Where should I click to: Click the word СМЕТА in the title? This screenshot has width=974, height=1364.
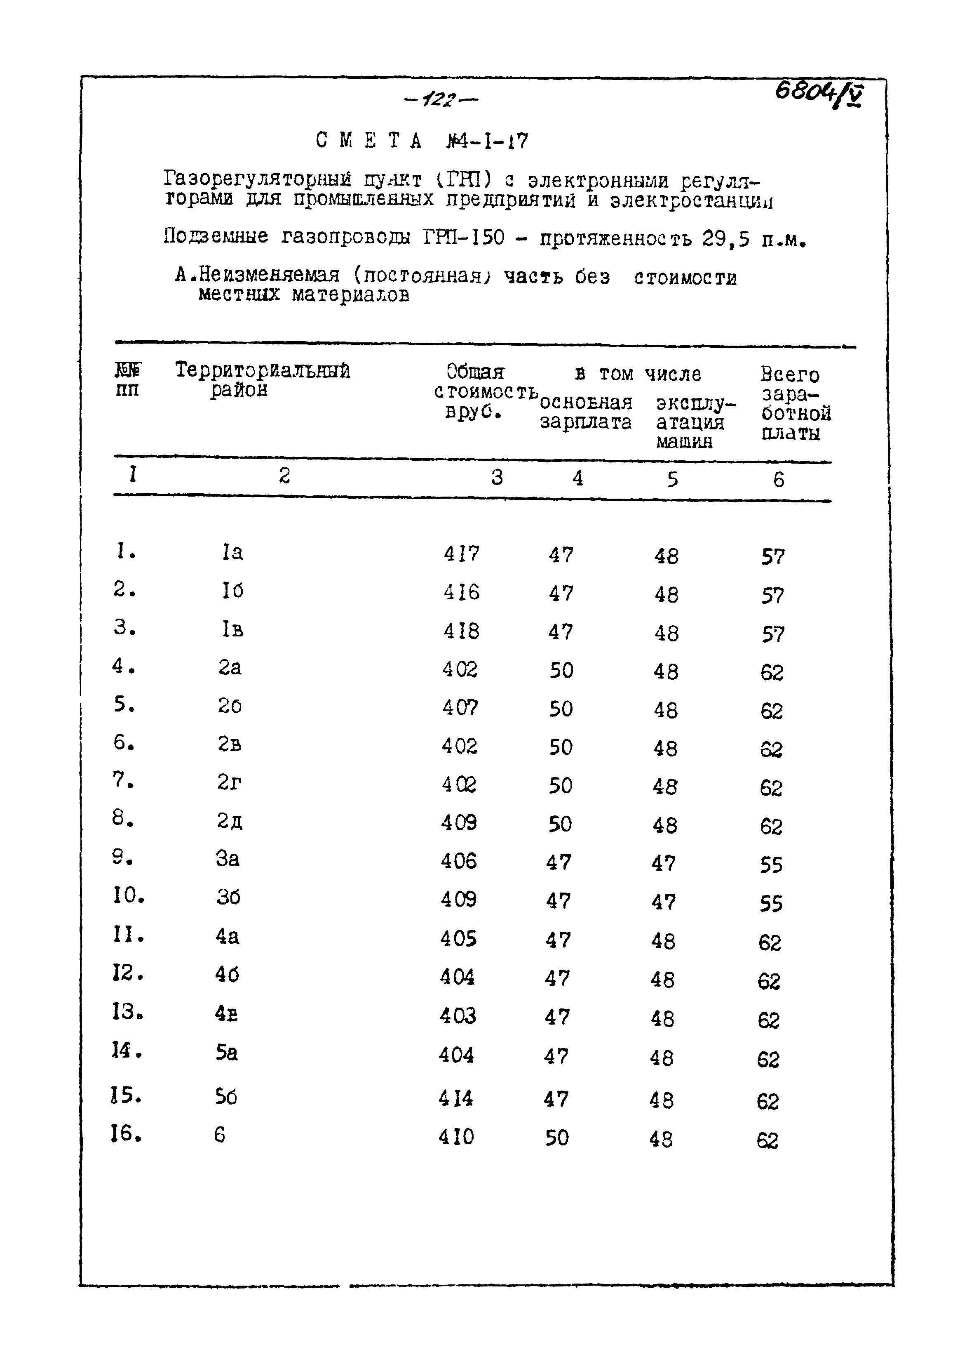click(369, 141)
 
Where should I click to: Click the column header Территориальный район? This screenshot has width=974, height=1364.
click(262, 380)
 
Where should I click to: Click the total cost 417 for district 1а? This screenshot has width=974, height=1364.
click(461, 553)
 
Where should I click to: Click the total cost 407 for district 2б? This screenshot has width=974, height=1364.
click(460, 708)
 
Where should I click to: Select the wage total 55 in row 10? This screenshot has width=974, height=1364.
click(771, 904)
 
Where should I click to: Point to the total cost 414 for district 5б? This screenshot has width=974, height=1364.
click(456, 1098)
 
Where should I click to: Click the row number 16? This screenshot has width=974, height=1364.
click(127, 1133)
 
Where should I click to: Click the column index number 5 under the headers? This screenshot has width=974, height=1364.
click(672, 479)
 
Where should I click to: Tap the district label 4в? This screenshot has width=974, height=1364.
click(226, 1014)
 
